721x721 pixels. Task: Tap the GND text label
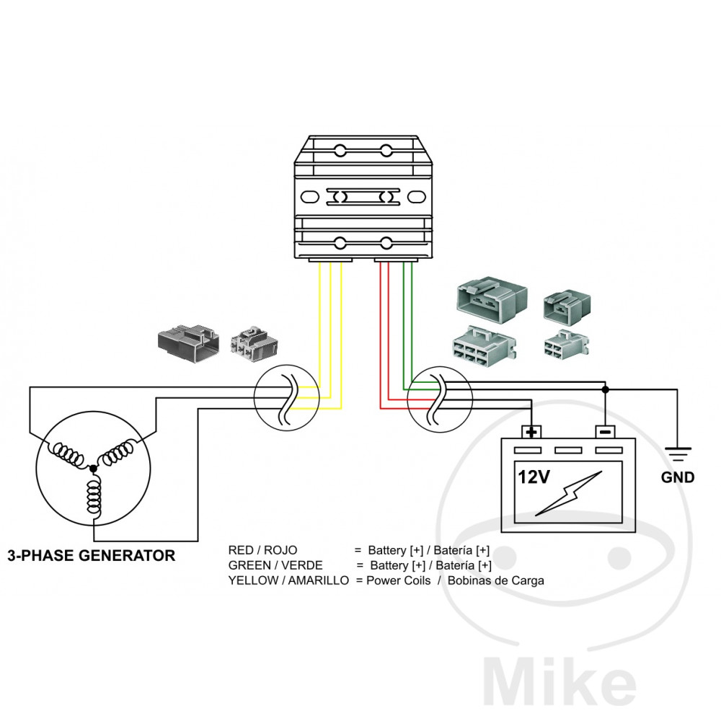point(678,477)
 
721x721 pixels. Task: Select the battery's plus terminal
point(531,432)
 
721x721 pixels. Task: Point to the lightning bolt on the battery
point(570,494)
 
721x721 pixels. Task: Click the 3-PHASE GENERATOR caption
point(91,556)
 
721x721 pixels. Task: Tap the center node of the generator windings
point(93,469)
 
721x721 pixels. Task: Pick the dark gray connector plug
point(187,340)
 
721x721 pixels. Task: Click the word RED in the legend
point(240,550)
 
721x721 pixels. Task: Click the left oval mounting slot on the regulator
point(308,196)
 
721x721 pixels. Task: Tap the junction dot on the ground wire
point(605,389)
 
